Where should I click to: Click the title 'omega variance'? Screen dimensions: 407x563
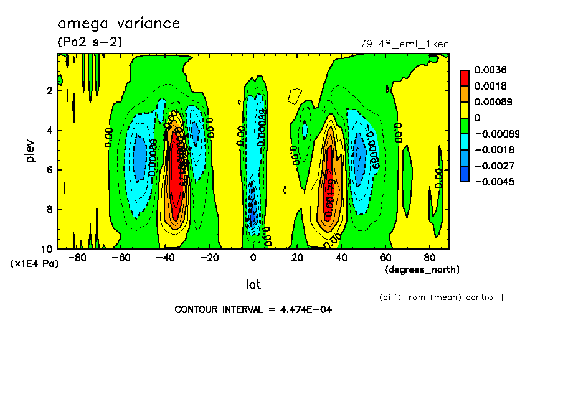118,24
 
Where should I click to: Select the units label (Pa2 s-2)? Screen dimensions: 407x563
90,42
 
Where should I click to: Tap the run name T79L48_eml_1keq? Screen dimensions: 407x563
401,44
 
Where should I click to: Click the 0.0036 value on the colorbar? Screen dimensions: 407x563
491,70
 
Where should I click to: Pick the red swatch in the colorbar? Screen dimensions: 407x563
464,77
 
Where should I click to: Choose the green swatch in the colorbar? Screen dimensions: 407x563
464,126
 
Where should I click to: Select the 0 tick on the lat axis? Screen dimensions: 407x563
253,256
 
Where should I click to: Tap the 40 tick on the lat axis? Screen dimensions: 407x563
341,256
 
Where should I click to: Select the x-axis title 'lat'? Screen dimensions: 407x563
253,284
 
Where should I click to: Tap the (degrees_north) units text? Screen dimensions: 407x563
422,269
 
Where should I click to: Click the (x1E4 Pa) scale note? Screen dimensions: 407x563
34,264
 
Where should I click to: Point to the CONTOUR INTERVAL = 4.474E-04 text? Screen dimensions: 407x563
253,309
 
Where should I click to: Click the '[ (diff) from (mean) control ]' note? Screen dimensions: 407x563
437,297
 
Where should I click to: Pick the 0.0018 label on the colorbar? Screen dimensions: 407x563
491,86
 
